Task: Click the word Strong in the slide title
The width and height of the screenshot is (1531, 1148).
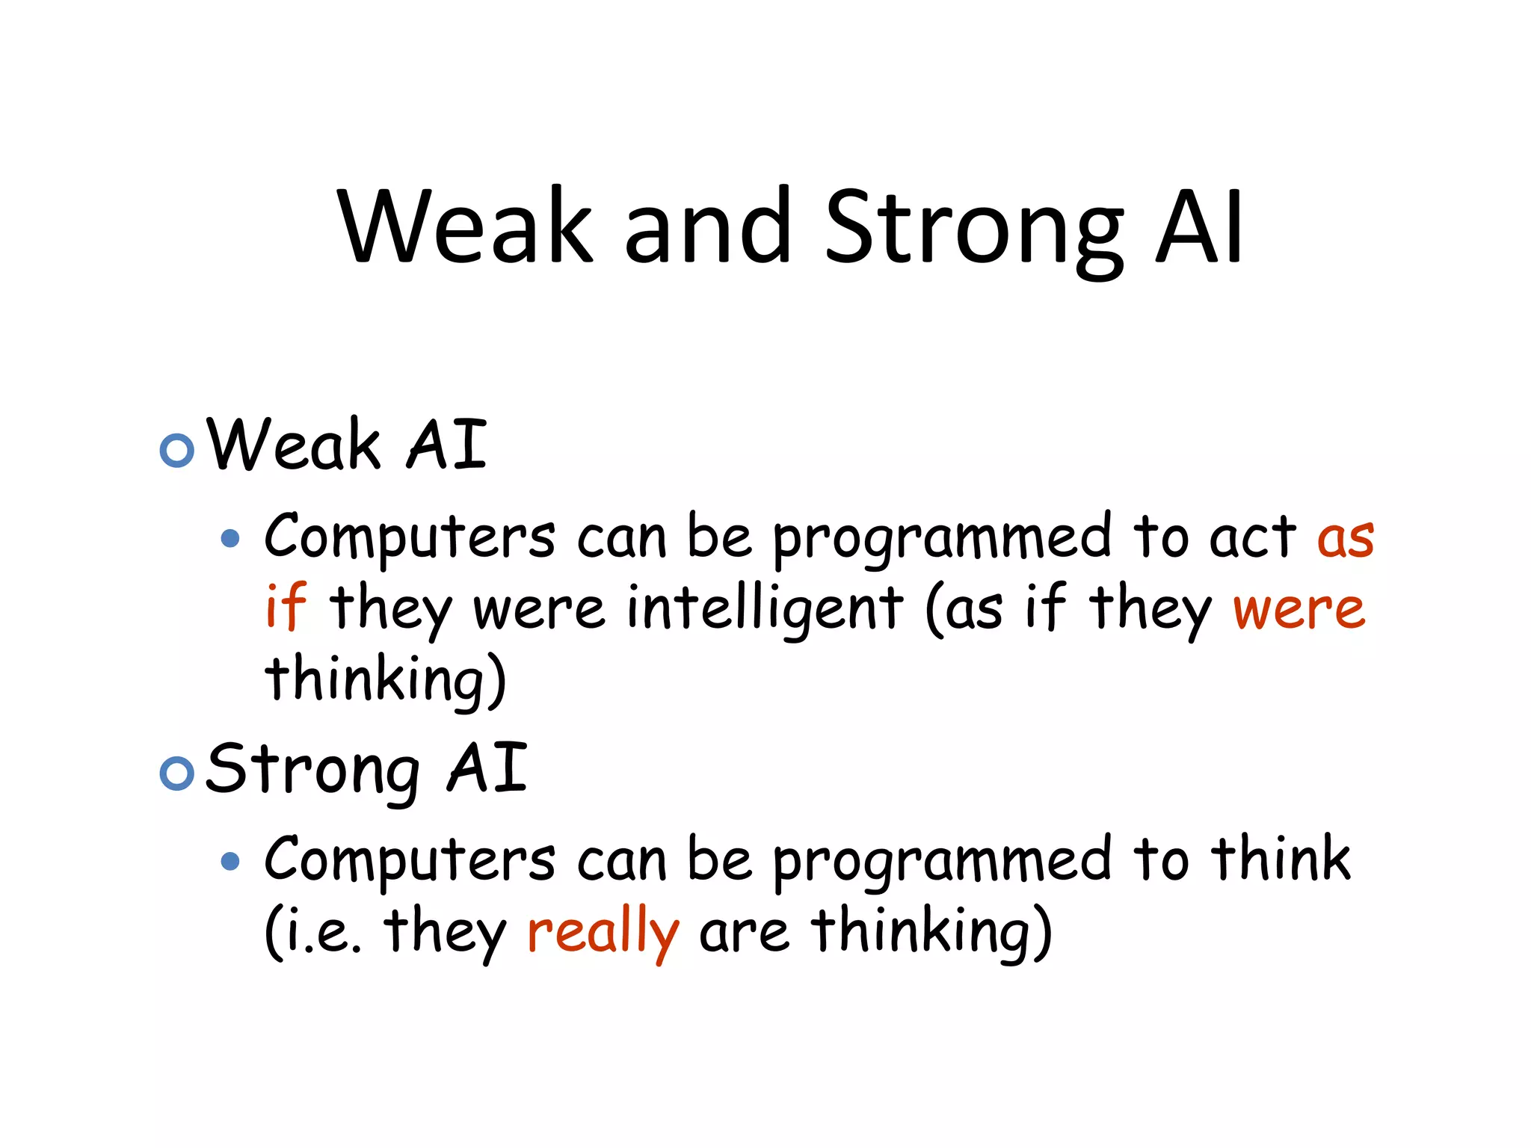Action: tap(973, 228)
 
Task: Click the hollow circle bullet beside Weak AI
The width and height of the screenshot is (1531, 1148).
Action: tap(177, 450)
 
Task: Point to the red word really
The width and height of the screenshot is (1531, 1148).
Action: tap(603, 933)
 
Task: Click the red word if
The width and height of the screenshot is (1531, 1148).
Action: tap(286, 607)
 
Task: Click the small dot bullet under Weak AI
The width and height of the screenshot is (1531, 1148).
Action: tap(231, 538)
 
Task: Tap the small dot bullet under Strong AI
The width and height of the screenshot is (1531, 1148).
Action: tap(231, 862)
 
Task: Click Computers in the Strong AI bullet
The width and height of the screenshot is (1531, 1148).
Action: tap(410, 860)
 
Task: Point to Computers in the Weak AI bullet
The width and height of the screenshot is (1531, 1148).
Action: tap(410, 537)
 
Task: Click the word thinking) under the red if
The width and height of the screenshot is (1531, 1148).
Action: tap(385, 679)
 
